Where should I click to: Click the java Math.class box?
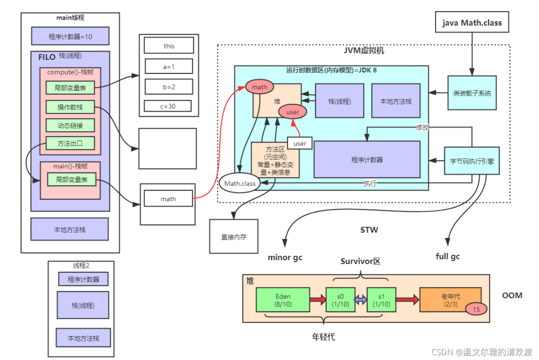[x=472, y=22]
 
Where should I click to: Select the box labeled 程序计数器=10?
[x=70, y=36]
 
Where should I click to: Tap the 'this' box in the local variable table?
[x=169, y=45]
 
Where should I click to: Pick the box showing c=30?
[x=168, y=106]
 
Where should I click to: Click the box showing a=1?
[x=169, y=66]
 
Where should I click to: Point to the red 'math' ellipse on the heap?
[x=260, y=87]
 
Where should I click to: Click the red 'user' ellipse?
[x=293, y=112]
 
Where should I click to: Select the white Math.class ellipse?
[x=240, y=183]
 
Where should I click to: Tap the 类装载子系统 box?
[x=472, y=93]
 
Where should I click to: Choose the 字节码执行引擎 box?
[x=472, y=161]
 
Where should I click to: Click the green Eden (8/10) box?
[x=283, y=300]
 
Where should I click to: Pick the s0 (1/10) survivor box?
[x=341, y=300]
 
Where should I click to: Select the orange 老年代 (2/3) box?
[x=450, y=300]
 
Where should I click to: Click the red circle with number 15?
[x=476, y=309]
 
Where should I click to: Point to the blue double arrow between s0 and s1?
[x=361, y=300]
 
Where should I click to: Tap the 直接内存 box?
[x=233, y=237]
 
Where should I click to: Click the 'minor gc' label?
[x=285, y=258]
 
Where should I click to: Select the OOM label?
[x=512, y=295]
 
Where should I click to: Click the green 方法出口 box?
[x=70, y=143]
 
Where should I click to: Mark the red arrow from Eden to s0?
[x=318, y=300]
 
